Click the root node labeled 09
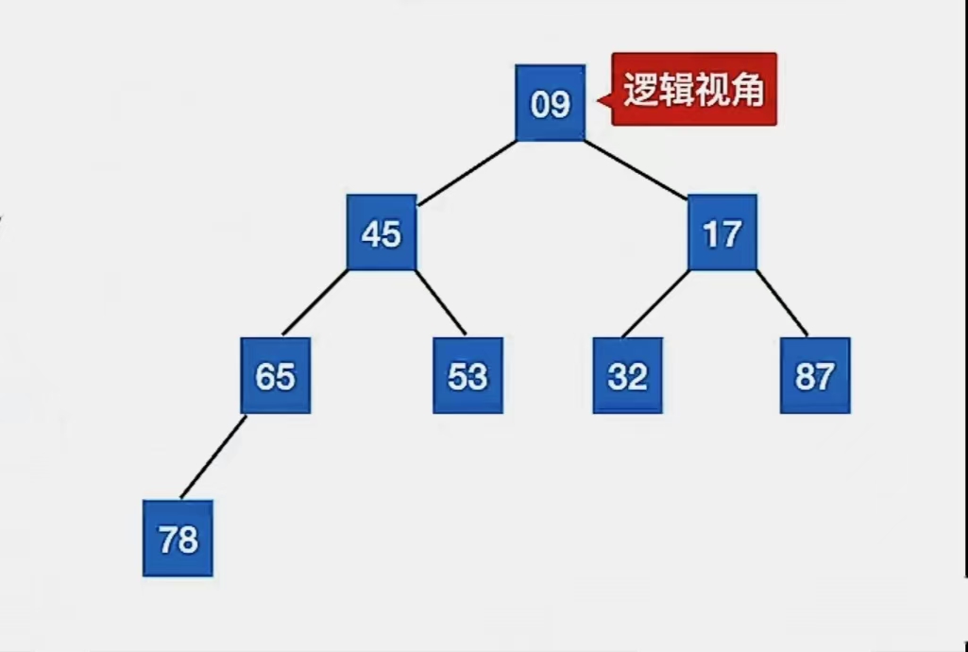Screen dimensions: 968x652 pyautogui.click(x=551, y=103)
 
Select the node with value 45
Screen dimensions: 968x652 pyautogui.click(x=382, y=232)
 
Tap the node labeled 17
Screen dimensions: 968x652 pyautogui.click(x=722, y=232)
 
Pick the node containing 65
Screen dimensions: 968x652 pyautogui.click(x=275, y=376)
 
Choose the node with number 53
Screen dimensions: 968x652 pyautogui.click(x=467, y=376)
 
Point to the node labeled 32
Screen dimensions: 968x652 pyautogui.click(x=627, y=376)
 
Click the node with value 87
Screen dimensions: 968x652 pyautogui.click(x=815, y=376)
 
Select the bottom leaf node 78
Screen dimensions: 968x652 pyautogui.click(x=178, y=539)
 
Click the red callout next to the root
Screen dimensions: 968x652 pyautogui.click(x=694, y=90)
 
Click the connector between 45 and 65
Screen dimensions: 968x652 pyautogui.click(x=316, y=302)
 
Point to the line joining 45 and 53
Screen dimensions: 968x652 pyautogui.click(x=440, y=302)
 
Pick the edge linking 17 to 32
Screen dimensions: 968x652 pyautogui.click(x=656, y=303)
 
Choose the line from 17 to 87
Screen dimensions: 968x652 pyautogui.click(x=782, y=303)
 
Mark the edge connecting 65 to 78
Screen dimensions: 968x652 pyautogui.click(x=213, y=456)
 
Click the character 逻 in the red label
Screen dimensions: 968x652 pyautogui.click(x=641, y=91)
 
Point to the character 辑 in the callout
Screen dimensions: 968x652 pyautogui.click(x=677, y=91)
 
